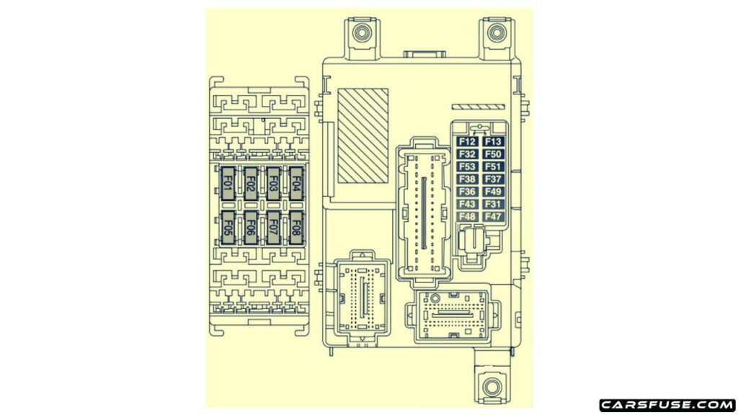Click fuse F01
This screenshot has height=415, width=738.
(228, 184)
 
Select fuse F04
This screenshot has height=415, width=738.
(296, 184)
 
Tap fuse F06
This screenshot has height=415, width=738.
(251, 228)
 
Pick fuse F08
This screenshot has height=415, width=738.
(296, 228)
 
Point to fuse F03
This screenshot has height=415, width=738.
(273, 184)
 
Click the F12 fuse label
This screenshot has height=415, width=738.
(467, 142)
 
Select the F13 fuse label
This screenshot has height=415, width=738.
(493, 142)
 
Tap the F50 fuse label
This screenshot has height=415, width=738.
(493, 154)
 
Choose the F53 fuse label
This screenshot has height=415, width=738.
(467, 166)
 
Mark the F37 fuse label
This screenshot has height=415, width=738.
(493, 179)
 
